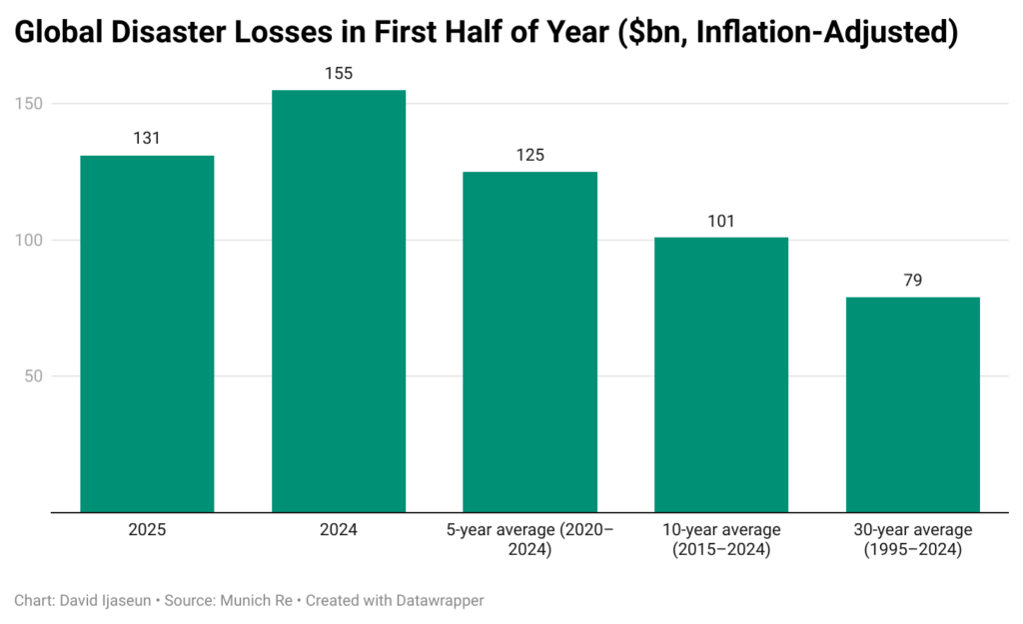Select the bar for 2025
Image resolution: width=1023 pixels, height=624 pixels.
click(147, 333)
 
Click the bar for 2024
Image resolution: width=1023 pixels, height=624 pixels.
click(339, 301)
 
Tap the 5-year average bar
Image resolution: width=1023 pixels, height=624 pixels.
click(529, 341)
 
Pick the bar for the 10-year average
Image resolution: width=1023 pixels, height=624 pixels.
click(721, 374)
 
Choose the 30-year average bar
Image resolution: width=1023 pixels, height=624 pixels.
click(912, 404)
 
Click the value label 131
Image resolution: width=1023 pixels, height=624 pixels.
click(147, 139)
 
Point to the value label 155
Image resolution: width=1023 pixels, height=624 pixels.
click(339, 73)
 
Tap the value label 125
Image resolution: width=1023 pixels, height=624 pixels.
click(529, 155)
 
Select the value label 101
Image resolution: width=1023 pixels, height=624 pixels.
click(721, 221)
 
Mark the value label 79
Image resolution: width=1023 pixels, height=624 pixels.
click(912, 281)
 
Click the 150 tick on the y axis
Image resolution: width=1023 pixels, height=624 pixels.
click(32, 104)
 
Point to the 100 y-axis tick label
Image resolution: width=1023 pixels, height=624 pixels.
click(32, 241)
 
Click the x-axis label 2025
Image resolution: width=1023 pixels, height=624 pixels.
click(147, 529)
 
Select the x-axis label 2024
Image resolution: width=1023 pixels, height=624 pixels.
click(339, 529)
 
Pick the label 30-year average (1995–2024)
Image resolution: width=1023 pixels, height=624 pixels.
click(912, 538)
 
